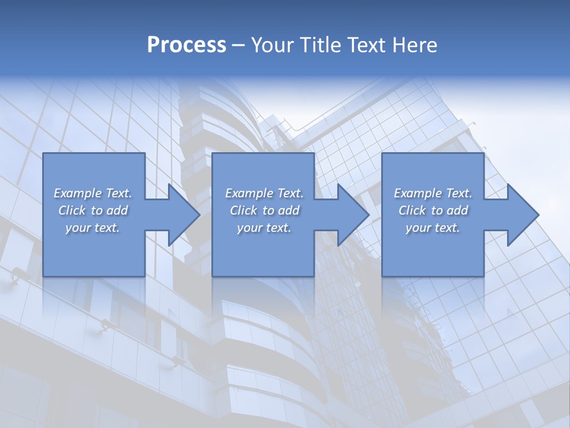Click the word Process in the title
(x=186, y=45)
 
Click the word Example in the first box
(x=77, y=193)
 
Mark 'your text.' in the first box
(x=93, y=228)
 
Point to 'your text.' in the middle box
(x=264, y=228)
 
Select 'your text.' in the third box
(x=433, y=228)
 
